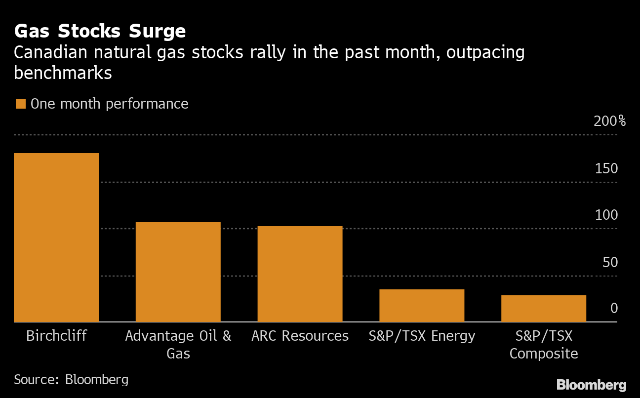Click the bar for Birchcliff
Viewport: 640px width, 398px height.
coord(56,238)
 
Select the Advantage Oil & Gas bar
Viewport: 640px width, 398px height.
coord(178,272)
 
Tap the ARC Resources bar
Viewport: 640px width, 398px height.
coord(300,274)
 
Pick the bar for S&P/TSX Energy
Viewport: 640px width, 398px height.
coord(422,306)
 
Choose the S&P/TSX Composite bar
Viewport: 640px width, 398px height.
coord(543,309)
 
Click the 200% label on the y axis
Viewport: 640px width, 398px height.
coord(609,121)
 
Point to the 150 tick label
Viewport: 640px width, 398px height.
coord(606,169)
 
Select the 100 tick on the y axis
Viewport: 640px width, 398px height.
coord(606,215)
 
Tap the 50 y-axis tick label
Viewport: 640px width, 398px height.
coord(610,262)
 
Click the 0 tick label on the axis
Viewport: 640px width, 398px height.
coord(614,309)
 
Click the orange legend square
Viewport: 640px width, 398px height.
coord(20,104)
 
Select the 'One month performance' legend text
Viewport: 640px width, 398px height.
coord(109,104)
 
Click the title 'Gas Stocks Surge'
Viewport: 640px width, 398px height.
coord(100,32)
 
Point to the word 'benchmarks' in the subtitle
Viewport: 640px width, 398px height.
coord(63,73)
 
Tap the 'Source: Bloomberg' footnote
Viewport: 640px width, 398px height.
coord(71,379)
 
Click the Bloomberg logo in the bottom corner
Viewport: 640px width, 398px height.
coord(591,385)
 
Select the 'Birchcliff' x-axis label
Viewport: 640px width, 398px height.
coord(56,336)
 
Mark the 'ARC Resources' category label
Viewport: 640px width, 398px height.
coord(300,336)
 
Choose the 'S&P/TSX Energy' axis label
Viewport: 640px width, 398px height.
coord(422,336)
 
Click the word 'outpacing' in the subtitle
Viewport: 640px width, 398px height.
coord(485,52)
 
